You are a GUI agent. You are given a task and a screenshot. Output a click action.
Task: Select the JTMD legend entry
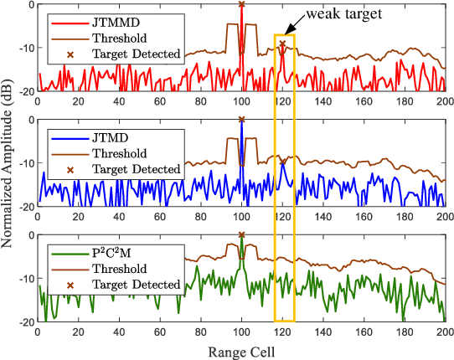click(109, 136)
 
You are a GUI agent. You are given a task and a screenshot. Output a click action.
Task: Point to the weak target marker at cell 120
click(282, 44)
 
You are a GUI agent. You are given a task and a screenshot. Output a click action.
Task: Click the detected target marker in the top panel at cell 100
click(241, 4)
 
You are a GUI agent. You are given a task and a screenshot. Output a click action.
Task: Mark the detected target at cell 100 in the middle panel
click(241, 120)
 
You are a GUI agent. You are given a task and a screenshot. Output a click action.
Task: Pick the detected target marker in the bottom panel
click(241, 235)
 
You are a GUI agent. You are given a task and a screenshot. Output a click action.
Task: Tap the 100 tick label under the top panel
click(241, 100)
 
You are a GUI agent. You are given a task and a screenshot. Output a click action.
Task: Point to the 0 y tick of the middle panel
click(31, 120)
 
